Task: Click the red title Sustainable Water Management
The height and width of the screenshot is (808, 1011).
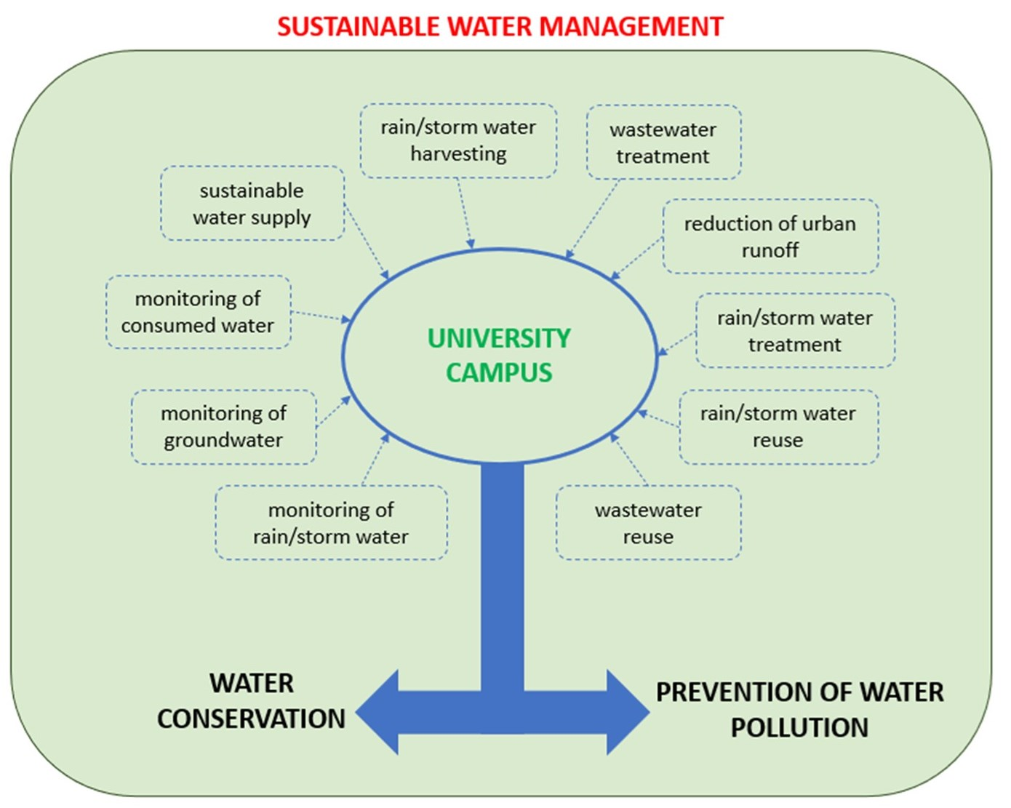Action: tap(500, 27)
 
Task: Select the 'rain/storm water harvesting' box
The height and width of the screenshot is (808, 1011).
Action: tap(458, 140)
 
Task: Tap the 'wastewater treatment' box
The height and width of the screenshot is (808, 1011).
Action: tap(663, 143)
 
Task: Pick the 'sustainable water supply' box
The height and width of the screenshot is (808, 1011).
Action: tap(252, 204)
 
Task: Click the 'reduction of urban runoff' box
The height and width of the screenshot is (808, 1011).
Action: tap(770, 236)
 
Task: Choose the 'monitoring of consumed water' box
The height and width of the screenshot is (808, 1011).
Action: tap(198, 312)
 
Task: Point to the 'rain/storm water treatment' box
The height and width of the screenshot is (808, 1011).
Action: tap(794, 331)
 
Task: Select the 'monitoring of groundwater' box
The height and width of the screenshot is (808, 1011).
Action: tap(223, 427)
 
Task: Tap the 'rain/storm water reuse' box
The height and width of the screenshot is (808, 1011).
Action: tap(778, 427)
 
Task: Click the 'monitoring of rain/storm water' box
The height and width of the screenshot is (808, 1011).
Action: tap(331, 523)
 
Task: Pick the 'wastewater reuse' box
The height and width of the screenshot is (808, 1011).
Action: tap(648, 523)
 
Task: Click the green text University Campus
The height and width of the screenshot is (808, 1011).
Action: tap(499, 356)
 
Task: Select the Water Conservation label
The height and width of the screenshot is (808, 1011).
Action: tap(252, 701)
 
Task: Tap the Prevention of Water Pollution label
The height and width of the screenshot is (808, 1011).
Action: tap(799, 709)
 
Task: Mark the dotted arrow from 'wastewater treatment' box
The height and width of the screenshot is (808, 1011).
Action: tap(592, 219)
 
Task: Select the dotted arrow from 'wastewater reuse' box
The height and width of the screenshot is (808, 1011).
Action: tap(628, 459)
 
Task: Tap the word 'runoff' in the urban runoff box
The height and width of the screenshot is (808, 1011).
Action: tap(770, 251)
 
